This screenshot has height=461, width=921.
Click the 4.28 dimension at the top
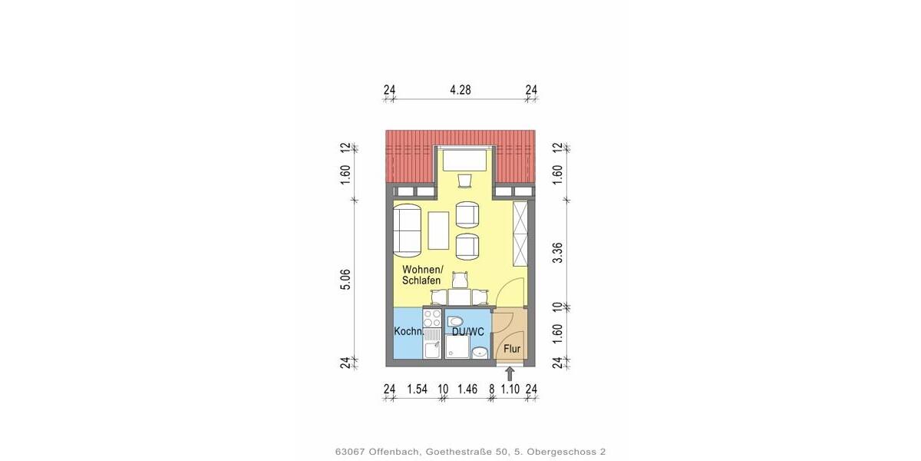460,90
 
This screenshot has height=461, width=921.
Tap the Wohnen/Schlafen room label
423,275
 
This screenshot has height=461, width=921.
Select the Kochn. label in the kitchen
408,332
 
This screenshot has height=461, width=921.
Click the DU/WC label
467,332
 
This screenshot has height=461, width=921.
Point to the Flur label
512,349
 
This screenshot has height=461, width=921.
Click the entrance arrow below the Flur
510,374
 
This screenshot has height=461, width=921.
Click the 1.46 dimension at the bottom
468,390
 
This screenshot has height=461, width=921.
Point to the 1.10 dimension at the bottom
510,390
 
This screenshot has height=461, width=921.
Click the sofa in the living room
408,230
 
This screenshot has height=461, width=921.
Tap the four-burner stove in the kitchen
432,318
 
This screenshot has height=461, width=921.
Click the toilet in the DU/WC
456,320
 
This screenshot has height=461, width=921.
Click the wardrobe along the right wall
521,232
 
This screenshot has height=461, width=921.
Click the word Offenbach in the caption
394,452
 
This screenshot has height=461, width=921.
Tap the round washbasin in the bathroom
479,353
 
